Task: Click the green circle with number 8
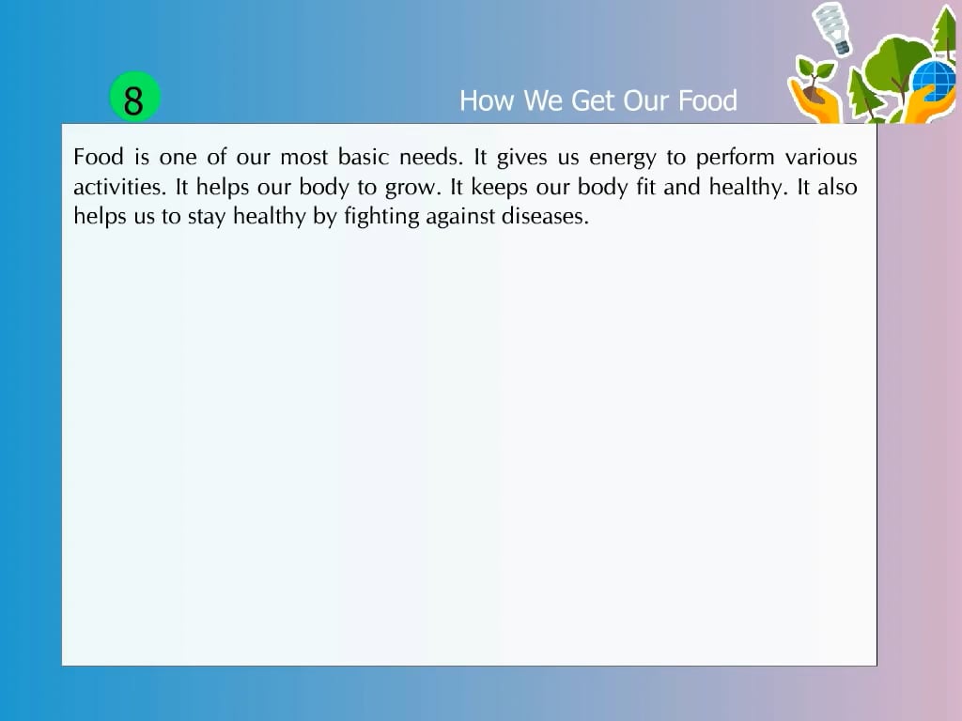(x=135, y=99)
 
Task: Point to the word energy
(x=622, y=158)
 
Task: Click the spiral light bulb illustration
(x=830, y=26)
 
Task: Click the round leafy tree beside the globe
(x=888, y=61)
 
